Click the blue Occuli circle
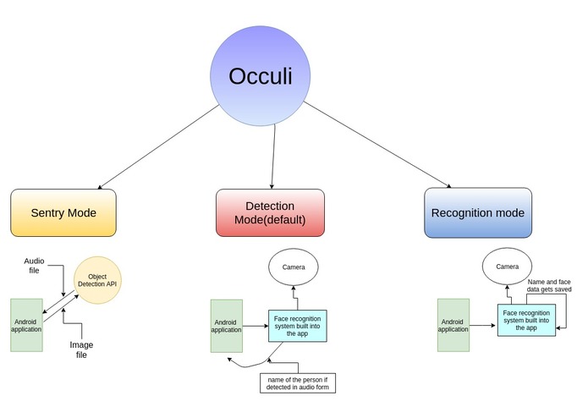click(261, 75)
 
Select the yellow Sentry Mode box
click(63, 212)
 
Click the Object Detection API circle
click(97, 280)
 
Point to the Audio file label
click(35, 267)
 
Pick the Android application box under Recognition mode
click(453, 324)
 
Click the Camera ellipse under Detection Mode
click(294, 267)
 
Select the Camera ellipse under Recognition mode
click(507, 267)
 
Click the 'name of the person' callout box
click(298, 382)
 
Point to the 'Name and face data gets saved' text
click(549, 285)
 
